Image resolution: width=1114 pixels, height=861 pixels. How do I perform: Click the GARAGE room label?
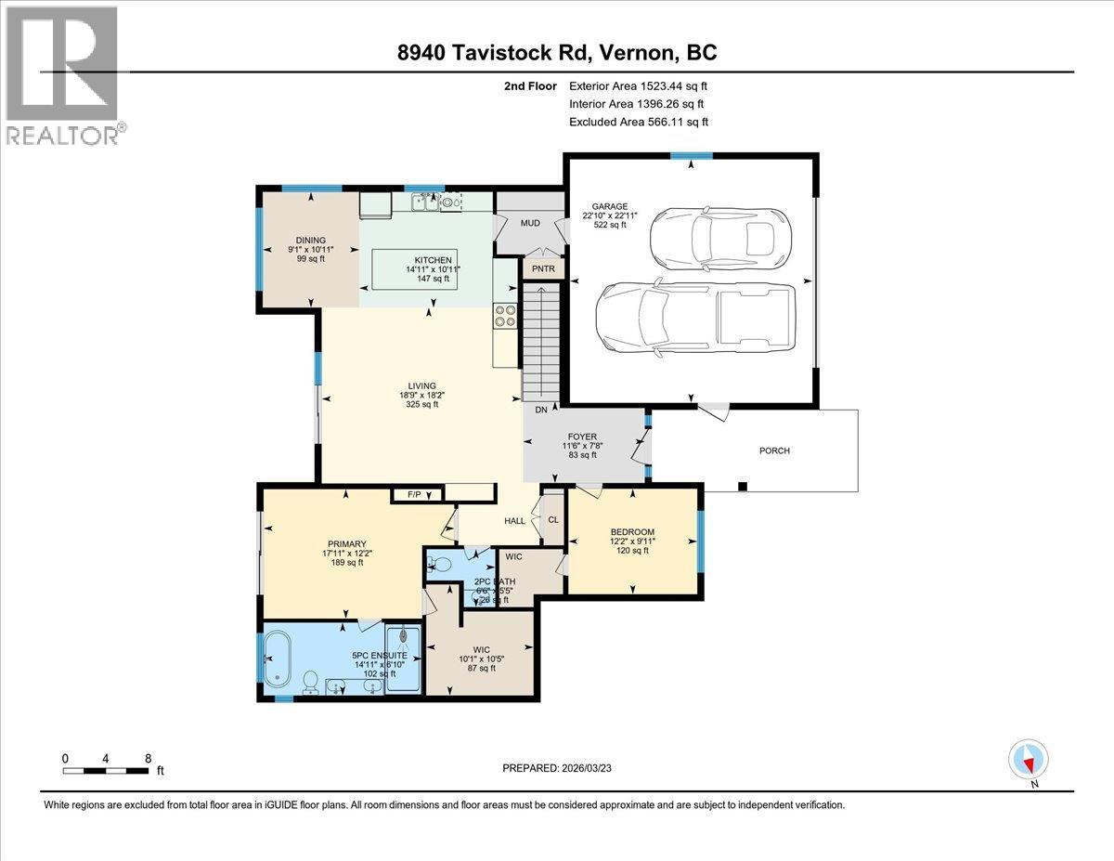[x=611, y=206]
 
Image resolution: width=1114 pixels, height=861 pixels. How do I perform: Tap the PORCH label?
[x=774, y=450]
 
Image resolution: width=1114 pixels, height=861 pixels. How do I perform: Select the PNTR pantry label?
[x=538, y=268]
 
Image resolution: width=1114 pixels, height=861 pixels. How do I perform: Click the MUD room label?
[x=530, y=223]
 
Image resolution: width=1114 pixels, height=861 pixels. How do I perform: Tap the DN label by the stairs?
[x=539, y=410]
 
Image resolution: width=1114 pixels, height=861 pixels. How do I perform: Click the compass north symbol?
[x=1029, y=760]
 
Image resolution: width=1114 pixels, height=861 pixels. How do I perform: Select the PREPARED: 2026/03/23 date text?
[x=557, y=768]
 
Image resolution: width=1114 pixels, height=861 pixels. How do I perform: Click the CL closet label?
[x=552, y=520]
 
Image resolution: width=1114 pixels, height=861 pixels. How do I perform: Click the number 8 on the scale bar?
[x=149, y=758]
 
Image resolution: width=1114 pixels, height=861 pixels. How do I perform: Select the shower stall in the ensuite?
[x=403, y=658]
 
